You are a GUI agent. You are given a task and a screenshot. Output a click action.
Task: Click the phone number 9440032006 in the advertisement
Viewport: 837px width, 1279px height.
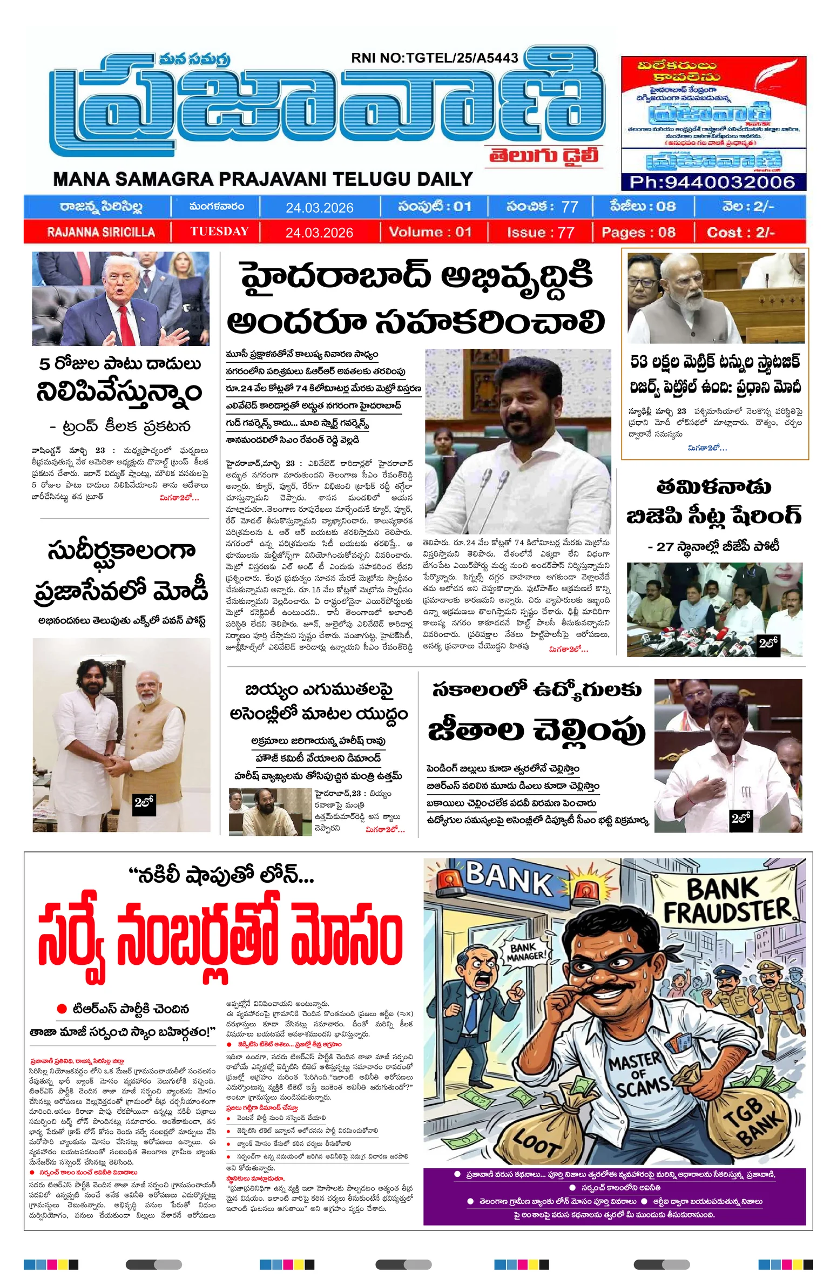pos(712,181)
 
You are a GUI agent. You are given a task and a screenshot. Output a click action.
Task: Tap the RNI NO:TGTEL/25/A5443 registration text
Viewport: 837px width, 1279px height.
pos(434,58)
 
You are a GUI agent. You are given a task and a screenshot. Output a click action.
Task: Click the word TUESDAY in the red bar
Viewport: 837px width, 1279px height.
pos(219,232)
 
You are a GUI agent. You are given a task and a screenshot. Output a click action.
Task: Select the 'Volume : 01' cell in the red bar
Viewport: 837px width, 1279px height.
pos(430,232)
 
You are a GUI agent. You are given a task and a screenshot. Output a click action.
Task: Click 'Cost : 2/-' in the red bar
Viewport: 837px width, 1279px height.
pos(740,233)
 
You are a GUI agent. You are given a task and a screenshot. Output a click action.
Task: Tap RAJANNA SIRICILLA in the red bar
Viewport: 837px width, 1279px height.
pos(101,232)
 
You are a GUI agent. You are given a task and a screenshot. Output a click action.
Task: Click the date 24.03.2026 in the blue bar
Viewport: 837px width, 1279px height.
pos(319,208)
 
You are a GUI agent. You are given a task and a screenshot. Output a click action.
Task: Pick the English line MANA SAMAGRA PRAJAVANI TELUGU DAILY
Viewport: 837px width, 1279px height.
pos(263,179)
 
